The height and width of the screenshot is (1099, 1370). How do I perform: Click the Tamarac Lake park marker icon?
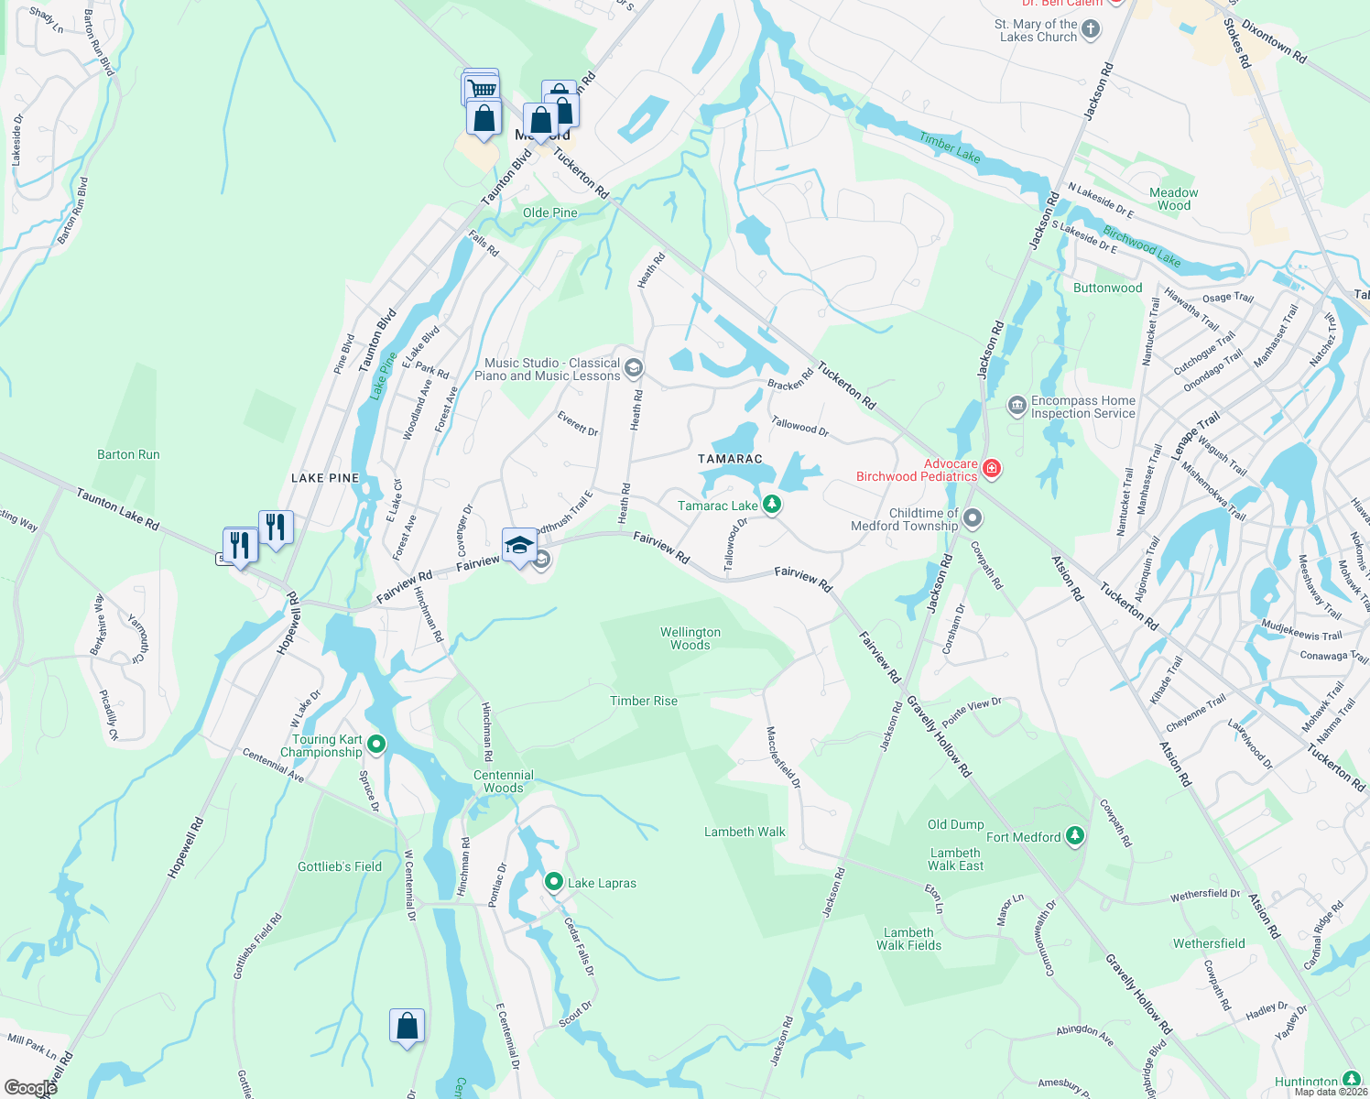(772, 504)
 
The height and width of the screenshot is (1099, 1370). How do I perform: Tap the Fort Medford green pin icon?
(1075, 836)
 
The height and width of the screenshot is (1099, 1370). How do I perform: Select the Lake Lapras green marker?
(553, 882)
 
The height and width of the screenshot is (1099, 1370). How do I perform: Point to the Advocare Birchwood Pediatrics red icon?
(991, 470)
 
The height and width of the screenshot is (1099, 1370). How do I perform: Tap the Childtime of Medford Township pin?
(973, 519)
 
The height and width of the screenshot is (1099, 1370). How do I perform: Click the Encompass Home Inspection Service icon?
(1017, 406)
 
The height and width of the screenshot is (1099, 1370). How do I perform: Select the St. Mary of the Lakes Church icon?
(1090, 29)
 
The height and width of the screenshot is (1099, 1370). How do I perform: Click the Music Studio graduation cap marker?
(634, 368)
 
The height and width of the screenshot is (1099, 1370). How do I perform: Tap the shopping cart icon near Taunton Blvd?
(482, 88)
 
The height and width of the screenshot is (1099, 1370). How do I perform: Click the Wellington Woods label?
(690, 638)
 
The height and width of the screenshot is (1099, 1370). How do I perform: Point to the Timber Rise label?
(644, 701)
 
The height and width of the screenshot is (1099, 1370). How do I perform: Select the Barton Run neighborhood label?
(128, 454)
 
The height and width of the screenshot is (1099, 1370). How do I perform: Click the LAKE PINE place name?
(325, 478)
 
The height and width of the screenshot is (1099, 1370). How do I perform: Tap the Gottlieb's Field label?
(340, 866)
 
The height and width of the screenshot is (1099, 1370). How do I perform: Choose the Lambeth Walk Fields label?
(908, 939)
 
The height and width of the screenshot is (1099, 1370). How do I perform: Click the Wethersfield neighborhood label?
(1209, 943)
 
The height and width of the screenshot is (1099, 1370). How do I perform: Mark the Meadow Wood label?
(1173, 199)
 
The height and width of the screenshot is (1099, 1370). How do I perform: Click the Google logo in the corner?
(30, 1088)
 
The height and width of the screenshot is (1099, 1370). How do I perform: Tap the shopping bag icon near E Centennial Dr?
(407, 1026)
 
